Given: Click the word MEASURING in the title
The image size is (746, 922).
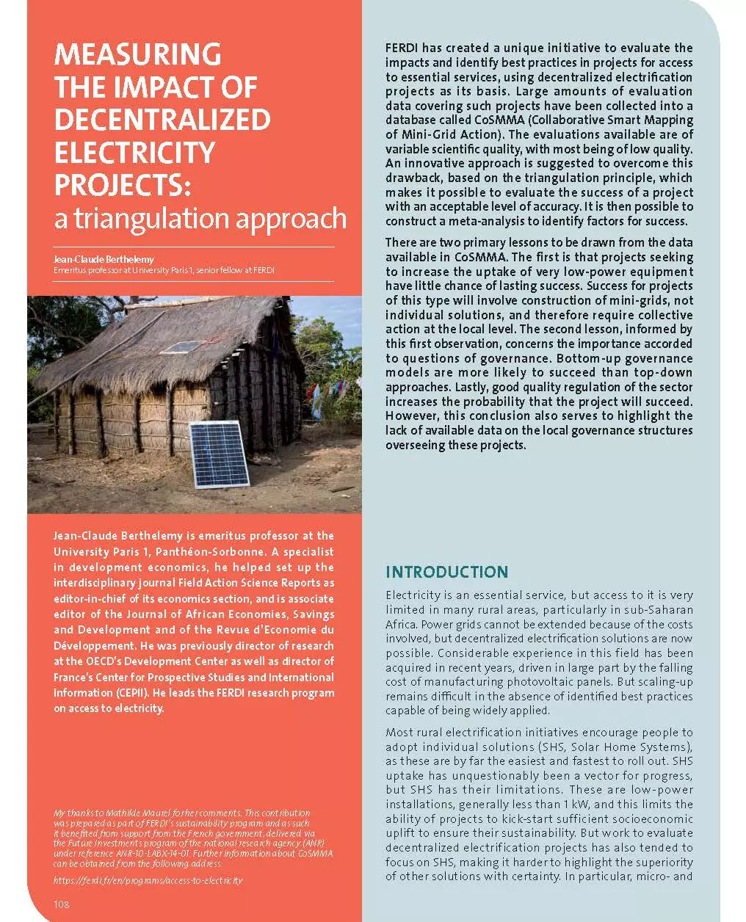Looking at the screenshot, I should click(137, 54).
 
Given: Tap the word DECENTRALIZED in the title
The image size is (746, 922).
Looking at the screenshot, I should click(162, 120).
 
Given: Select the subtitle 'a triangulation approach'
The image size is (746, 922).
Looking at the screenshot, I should click(200, 218).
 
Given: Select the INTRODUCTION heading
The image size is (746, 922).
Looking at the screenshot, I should click(446, 572).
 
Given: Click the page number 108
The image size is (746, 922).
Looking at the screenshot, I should click(62, 904).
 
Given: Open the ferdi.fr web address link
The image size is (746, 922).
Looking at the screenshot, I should click(148, 879).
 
